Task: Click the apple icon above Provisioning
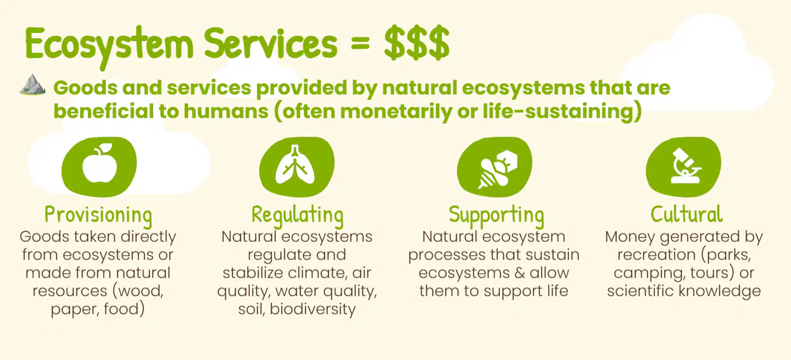pyautogui.click(x=99, y=163)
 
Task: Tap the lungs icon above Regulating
pyautogui.click(x=295, y=165)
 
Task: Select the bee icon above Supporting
pyautogui.click(x=498, y=169)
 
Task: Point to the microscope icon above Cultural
pyautogui.click(x=686, y=165)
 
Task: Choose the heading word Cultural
pyautogui.click(x=687, y=214)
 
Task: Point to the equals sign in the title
pyautogui.click(x=360, y=45)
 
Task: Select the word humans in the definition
pyautogui.click(x=226, y=111)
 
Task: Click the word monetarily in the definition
pyautogui.click(x=396, y=112)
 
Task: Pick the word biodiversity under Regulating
pyautogui.click(x=313, y=309)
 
